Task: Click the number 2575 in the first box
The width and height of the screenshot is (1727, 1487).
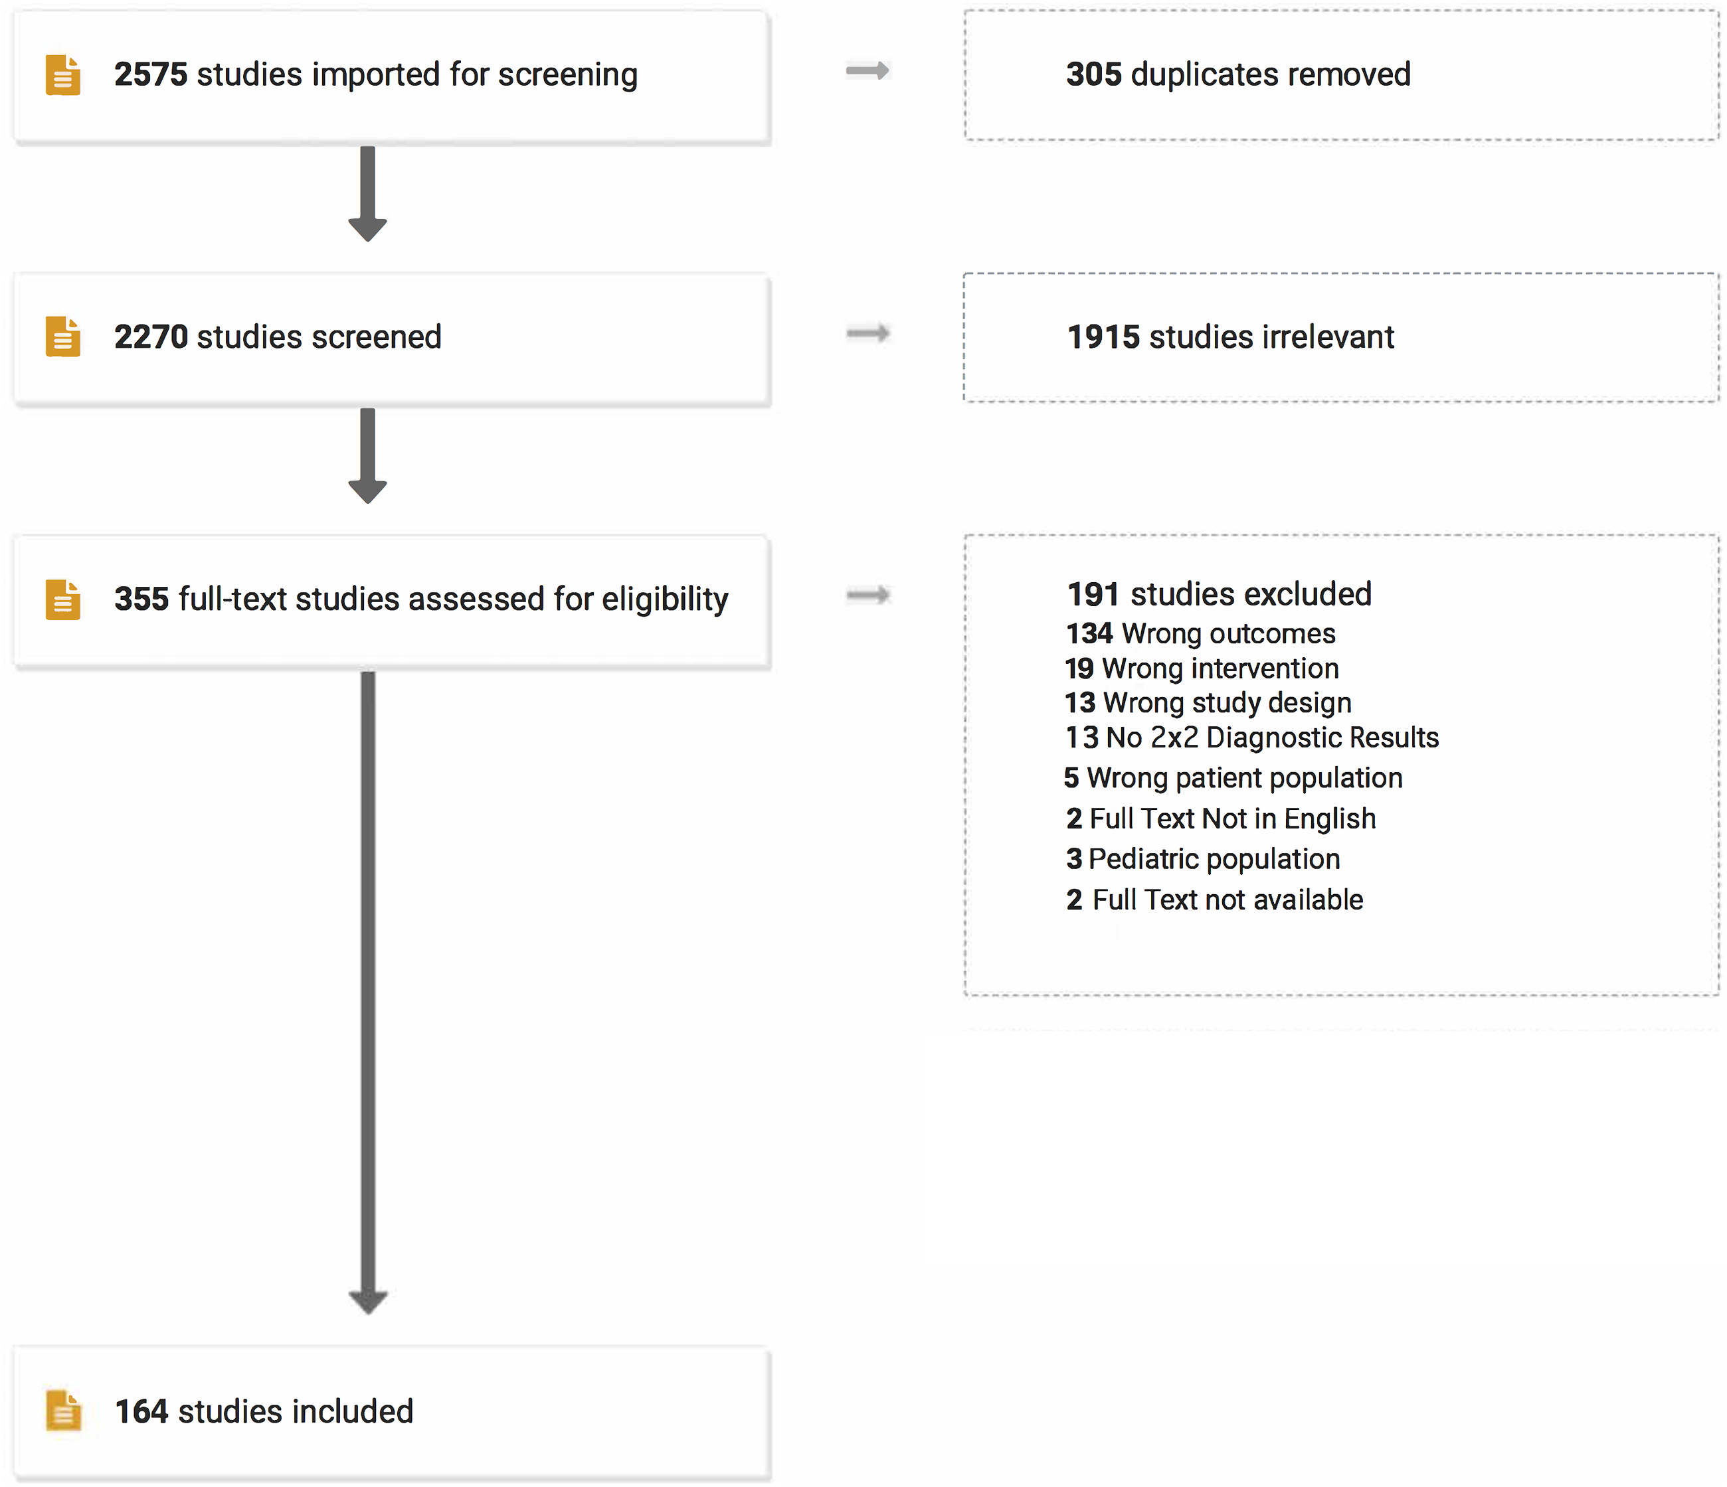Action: tap(151, 74)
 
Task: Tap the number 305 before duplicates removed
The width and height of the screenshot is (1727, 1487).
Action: tap(1093, 74)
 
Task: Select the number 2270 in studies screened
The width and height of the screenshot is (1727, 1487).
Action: tap(151, 337)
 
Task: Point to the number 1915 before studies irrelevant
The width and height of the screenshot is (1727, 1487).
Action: tap(1103, 337)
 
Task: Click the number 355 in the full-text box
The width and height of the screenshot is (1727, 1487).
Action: tap(141, 599)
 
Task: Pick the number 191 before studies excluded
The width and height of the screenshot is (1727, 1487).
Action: tap(1093, 594)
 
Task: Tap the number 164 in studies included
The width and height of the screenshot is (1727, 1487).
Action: tap(141, 1411)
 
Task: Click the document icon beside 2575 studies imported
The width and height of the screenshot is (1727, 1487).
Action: tap(63, 75)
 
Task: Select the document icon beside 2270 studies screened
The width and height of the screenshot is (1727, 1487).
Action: tap(63, 337)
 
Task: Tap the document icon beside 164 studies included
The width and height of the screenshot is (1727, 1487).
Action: tap(63, 1411)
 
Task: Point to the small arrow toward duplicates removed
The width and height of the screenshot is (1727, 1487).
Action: tap(867, 71)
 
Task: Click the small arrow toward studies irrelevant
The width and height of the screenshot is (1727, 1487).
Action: tap(867, 333)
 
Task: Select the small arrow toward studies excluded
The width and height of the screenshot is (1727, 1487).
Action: tap(867, 595)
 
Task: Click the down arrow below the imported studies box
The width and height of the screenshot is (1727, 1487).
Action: tap(367, 194)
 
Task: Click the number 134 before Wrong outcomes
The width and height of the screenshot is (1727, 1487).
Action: tap(1089, 633)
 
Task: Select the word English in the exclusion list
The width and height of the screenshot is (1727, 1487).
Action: tap(1330, 820)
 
